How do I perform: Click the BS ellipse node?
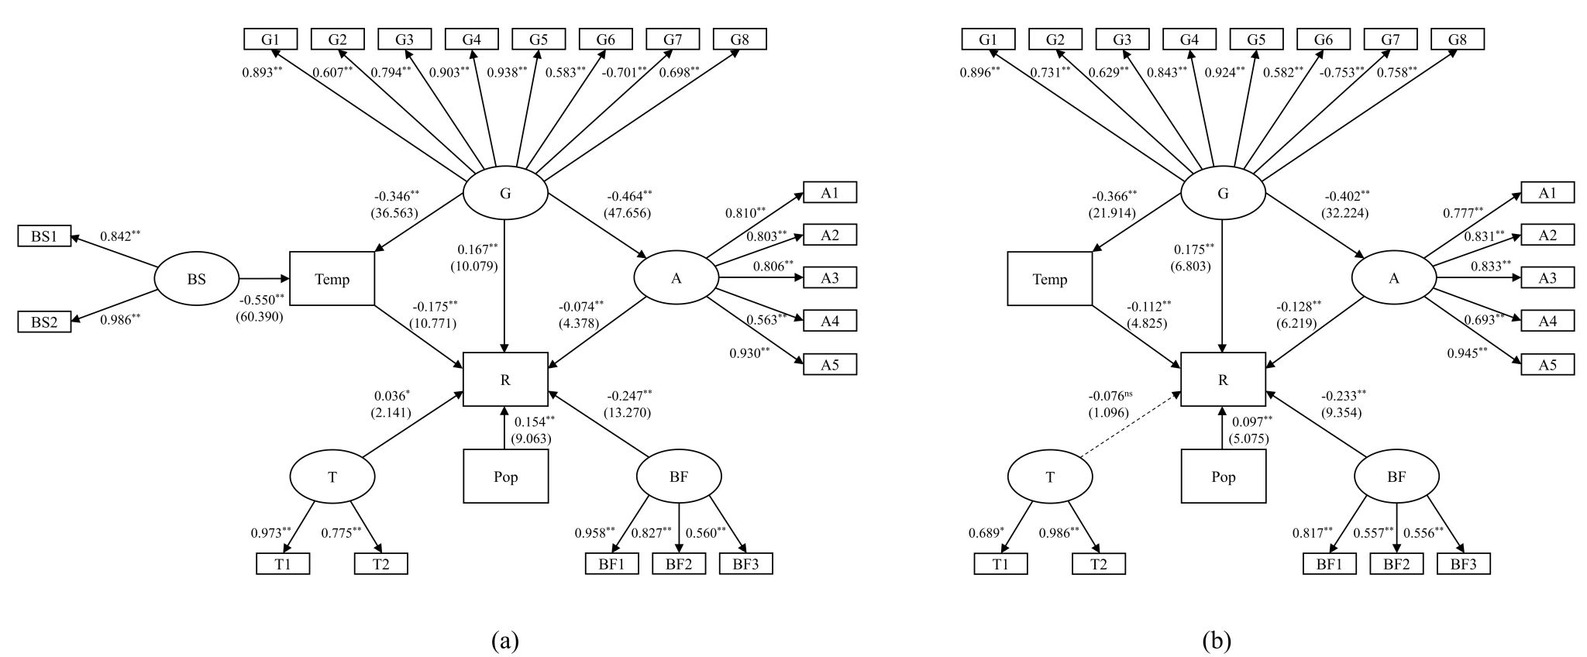(x=196, y=279)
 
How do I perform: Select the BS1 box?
(x=44, y=236)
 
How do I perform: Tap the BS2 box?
(x=44, y=322)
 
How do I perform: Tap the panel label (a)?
(x=504, y=640)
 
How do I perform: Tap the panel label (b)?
(x=1217, y=640)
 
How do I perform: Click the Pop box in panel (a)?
(x=505, y=476)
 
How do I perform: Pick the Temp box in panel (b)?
(x=1049, y=279)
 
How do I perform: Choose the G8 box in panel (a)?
(x=739, y=40)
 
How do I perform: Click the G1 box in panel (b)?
(x=988, y=40)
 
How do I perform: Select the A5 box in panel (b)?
(x=1547, y=364)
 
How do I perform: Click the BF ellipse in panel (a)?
(x=679, y=476)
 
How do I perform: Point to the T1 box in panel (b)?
(x=1000, y=563)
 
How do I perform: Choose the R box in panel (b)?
(x=1223, y=379)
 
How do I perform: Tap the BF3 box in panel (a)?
(x=745, y=563)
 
